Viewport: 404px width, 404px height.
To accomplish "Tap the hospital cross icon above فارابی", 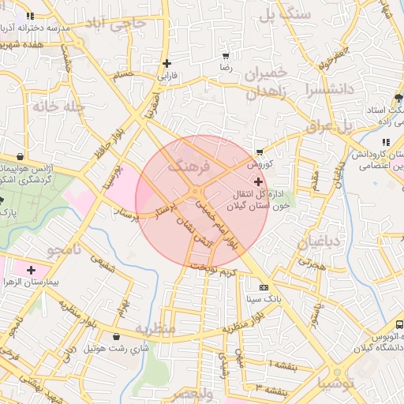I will pos(166,63).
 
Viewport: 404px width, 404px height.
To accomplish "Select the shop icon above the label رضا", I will pos(226,56).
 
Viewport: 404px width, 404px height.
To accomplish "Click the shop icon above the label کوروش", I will pos(260,152).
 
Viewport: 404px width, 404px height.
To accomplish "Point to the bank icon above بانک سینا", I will pos(264,287).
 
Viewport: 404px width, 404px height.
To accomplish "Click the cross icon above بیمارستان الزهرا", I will pos(31,271).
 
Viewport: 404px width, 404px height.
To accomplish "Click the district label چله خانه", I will pos(58,107).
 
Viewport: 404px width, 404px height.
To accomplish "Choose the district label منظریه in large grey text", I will pos(154,327).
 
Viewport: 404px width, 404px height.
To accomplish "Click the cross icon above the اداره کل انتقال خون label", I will pos(259,181).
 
